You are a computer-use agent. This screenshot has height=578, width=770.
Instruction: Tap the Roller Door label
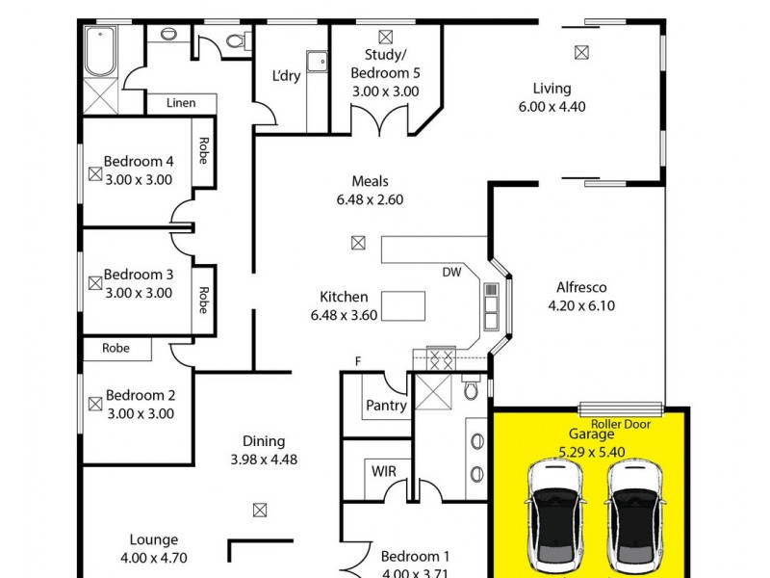click(x=621, y=424)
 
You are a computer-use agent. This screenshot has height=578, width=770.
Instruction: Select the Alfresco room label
click(x=580, y=287)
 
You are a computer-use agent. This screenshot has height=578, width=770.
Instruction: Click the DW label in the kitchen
click(x=452, y=273)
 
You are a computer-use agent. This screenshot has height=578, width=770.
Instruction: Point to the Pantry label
click(x=386, y=406)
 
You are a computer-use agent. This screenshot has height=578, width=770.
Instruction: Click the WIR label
click(x=382, y=471)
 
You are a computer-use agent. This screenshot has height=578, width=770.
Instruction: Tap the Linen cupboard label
click(x=181, y=103)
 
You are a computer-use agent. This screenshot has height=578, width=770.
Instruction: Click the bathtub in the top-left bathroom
click(x=100, y=51)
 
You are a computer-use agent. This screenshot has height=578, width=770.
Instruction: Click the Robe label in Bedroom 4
click(x=203, y=150)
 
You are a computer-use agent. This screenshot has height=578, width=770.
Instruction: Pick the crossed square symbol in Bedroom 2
click(x=94, y=405)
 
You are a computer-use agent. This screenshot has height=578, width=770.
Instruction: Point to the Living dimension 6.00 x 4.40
click(x=552, y=107)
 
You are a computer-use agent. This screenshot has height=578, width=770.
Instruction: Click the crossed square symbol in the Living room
click(x=580, y=52)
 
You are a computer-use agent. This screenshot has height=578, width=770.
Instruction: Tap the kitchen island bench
click(x=403, y=306)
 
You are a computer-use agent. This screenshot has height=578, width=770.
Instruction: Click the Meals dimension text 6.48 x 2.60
click(x=370, y=200)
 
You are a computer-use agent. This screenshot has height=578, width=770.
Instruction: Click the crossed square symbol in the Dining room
click(x=259, y=510)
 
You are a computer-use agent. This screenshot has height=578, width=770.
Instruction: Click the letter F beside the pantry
click(x=358, y=361)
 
